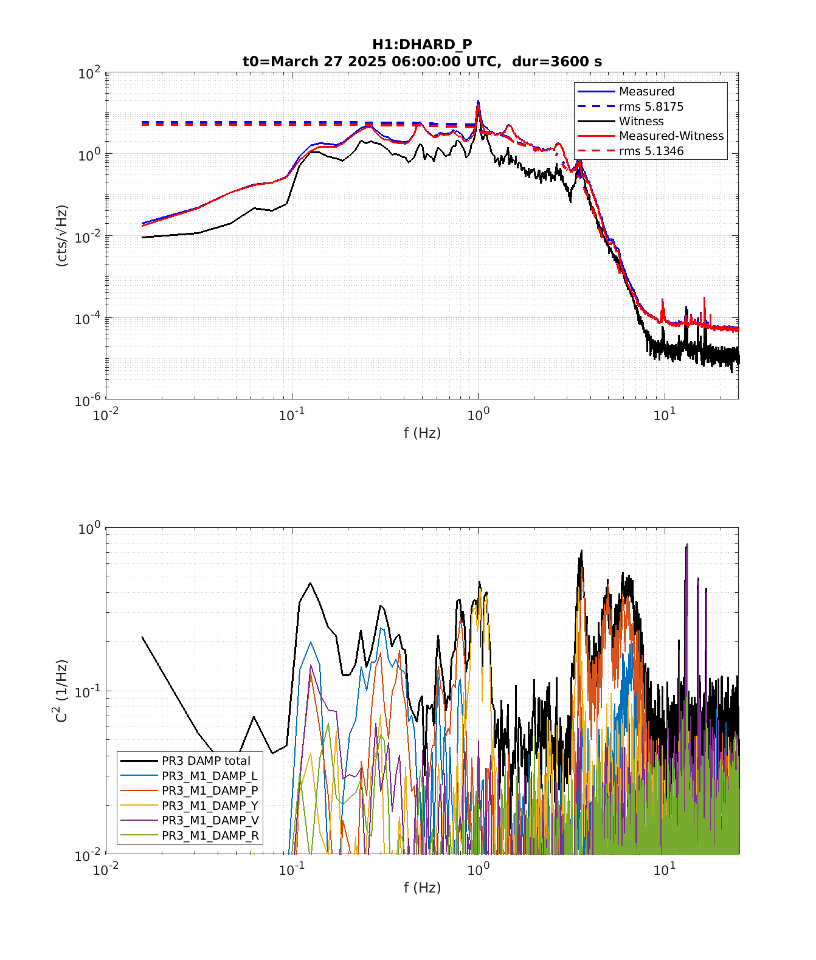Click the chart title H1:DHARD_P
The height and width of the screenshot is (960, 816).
pos(422,44)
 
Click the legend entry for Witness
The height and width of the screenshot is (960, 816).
pos(641,121)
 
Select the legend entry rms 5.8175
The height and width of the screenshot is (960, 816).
pos(651,106)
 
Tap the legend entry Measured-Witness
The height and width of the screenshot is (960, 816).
pos(671,136)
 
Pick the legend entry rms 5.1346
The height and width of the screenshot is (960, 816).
pos(651,151)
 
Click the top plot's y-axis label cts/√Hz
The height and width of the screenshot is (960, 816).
pos(62,236)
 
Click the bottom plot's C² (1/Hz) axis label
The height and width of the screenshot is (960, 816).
pos(61,691)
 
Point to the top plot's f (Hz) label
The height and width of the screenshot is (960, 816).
pos(422,433)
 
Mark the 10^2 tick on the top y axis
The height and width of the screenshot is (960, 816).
pos(89,74)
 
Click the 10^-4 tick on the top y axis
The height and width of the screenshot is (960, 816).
pos(88,319)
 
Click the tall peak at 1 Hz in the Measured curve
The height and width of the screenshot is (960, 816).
pos(478,102)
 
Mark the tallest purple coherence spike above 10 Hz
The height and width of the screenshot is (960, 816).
pos(687,544)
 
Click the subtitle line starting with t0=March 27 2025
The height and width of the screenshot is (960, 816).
pos(422,61)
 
